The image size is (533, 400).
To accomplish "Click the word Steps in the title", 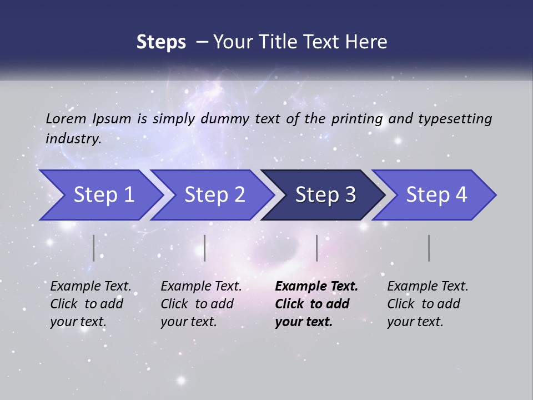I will (x=161, y=42).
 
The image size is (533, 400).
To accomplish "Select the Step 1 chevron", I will (x=103, y=195).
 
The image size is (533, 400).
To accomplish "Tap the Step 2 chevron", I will (x=214, y=195).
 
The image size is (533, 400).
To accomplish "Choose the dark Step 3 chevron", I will (x=325, y=195).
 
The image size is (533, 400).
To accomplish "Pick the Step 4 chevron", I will (x=436, y=195).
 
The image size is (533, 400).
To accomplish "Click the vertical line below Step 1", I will (x=94, y=248).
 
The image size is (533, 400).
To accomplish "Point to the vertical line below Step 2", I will (x=205, y=248).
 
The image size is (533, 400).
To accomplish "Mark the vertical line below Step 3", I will (x=316, y=248).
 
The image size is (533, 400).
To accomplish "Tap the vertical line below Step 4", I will (x=429, y=248).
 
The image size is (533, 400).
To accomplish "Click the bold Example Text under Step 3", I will (x=316, y=287).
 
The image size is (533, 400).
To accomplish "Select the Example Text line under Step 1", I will (x=90, y=287).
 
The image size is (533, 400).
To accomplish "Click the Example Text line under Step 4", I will (x=428, y=287).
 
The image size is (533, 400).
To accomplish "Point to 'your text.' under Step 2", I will (x=188, y=322).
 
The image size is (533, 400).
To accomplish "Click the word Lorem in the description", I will (x=66, y=118).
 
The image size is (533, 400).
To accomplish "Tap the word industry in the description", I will (x=73, y=138).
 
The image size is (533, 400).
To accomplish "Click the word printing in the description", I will (x=355, y=118).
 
